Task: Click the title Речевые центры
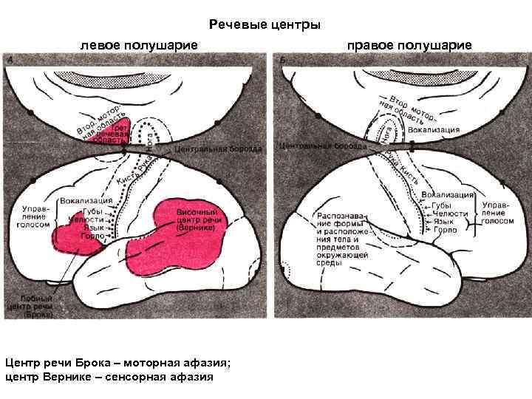tap(265, 25)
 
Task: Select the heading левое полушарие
tap(139, 46)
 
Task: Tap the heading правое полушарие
tap(409, 46)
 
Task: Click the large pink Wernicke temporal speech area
tap(177, 236)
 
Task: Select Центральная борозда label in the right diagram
tap(322, 146)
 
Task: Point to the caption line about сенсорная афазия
tap(109, 377)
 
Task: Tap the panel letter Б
tap(284, 58)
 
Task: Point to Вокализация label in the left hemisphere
tap(86, 199)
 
